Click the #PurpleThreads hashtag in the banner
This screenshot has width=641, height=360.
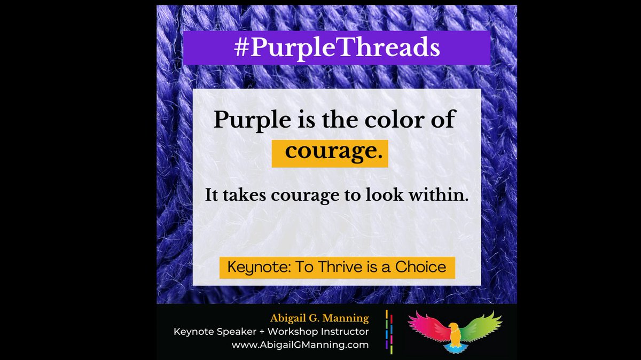click(x=337, y=48)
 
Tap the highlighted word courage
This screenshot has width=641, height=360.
click(x=330, y=152)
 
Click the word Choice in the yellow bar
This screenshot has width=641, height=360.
click(x=420, y=267)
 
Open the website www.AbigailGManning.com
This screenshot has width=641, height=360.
click(x=300, y=345)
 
